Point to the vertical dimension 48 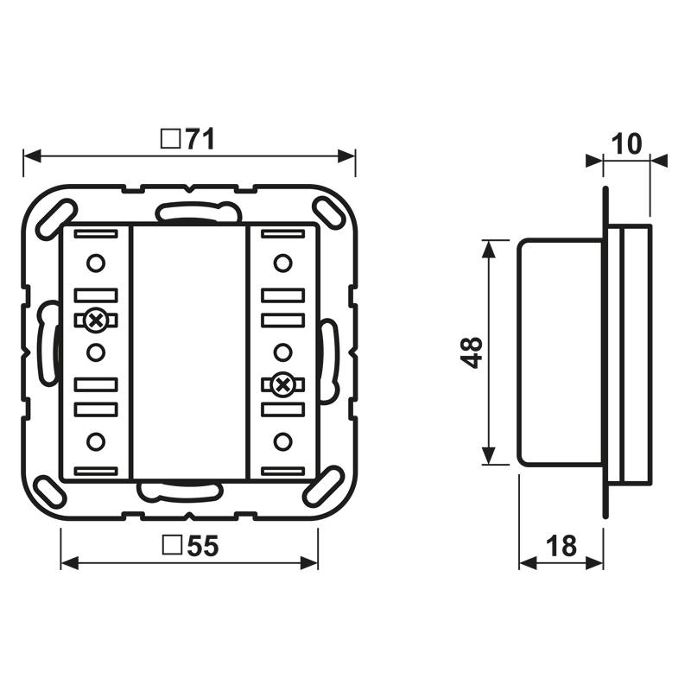[471, 352]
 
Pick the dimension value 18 [561, 546]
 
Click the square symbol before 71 [171, 139]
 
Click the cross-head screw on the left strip [96, 320]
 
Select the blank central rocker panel [189, 352]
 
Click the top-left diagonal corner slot [62, 212]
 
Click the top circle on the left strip [96, 262]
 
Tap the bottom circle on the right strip [282, 442]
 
